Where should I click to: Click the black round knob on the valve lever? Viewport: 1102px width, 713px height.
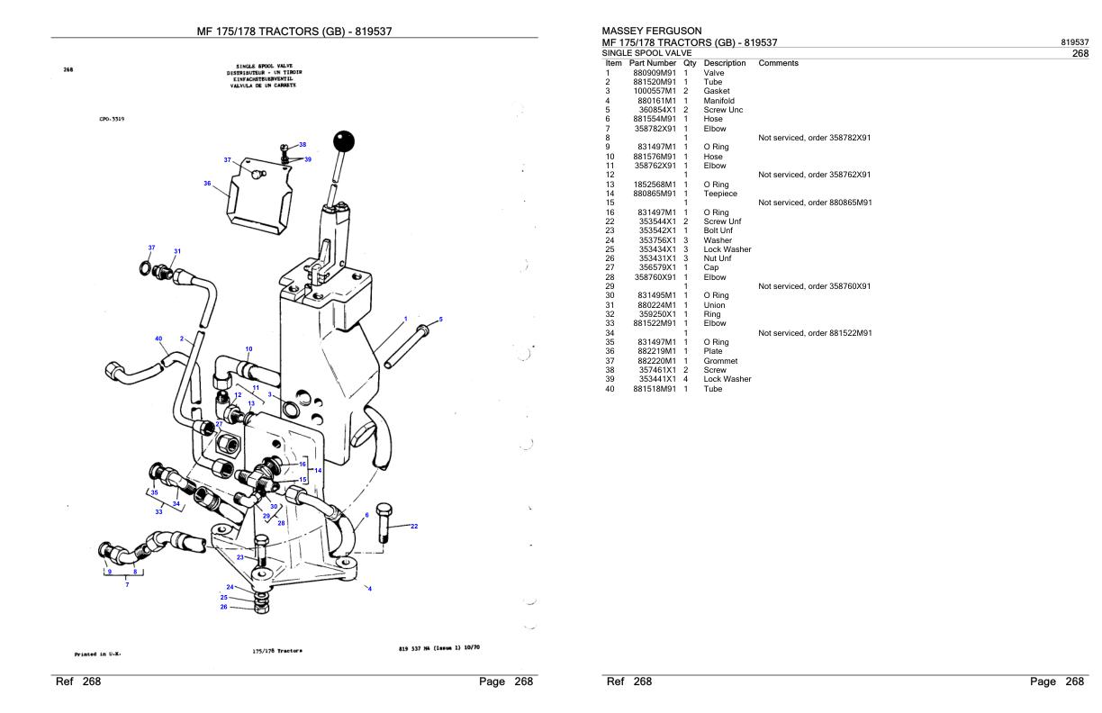[343, 142]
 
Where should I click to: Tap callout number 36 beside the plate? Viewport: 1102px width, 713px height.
[207, 184]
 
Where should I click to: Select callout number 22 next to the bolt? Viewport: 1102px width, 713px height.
[414, 527]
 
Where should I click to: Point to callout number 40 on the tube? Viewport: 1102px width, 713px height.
[158, 339]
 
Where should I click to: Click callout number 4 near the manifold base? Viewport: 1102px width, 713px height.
[369, 589]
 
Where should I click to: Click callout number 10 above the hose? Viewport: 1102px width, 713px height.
[248, 348]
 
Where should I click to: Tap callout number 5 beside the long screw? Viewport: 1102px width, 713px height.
[440, 320]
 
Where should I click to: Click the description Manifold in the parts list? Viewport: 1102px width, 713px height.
[718, 100]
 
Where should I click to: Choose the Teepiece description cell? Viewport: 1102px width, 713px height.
[720, 193]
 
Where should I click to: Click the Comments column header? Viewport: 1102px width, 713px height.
[779, 63]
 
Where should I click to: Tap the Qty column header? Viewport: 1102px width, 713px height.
[691, 63]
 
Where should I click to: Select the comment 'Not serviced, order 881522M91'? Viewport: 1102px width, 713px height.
[815, 333]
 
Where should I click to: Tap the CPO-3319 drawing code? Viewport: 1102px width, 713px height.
[112, 117]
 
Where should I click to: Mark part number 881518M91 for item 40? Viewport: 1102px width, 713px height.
[654, 389]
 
